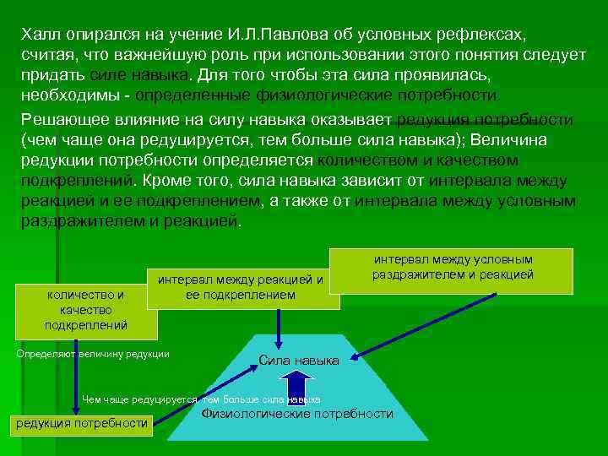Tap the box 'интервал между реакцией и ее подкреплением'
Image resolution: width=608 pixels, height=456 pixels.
tap(241, 287)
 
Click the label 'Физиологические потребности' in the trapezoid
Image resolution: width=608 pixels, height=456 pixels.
tap(297, 414)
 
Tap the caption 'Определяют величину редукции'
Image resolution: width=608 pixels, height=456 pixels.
tap(93, 353)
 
